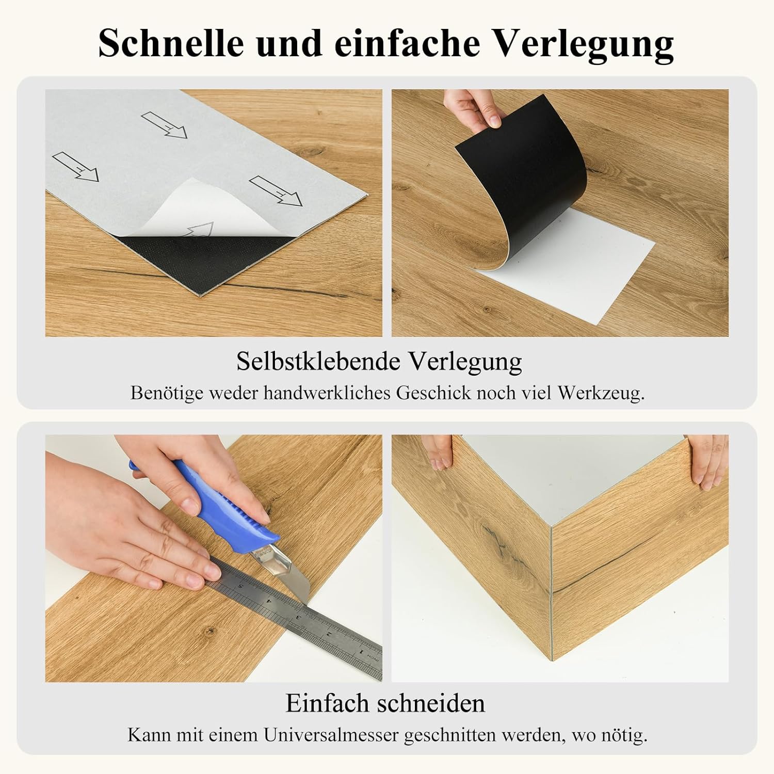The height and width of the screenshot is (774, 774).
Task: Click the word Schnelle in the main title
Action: [x=171, y=43]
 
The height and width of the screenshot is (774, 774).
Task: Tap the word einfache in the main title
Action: [x=407, y=43]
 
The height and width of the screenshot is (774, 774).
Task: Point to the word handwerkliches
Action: [x=327, y=393]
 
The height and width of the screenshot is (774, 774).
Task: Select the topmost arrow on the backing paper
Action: [x=164, y=125]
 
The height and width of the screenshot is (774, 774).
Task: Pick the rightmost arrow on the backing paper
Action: [x=275, y=191]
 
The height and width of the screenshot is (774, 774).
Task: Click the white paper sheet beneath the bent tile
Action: [x=578, y=268]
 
